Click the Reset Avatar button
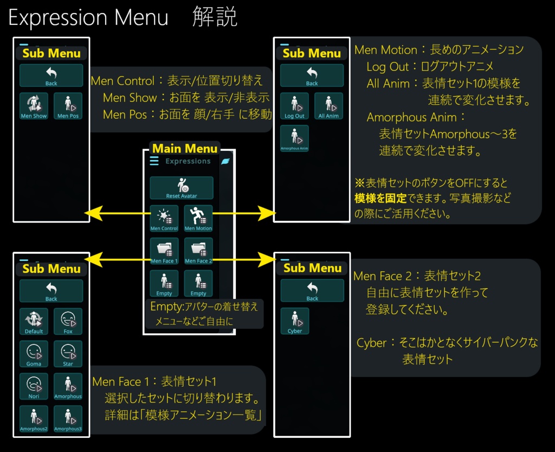[x=182, y=188]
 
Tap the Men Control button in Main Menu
[x=164, y=219]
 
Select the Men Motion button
[x=198, y=219]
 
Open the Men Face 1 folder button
[x=164, y=251]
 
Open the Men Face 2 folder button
[x=198, y=251]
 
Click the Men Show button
[x=34, y=106]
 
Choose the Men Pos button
[x=68, y=106]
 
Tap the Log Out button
[x=294, y=106]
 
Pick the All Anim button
[x=328, y=106]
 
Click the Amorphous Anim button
[x=294, y=138]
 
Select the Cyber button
[x=295, y=321]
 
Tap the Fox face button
[x=68, y=321]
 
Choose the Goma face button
[x=34, y=354]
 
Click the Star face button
[x=68, y=354]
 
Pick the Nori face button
[x=34, y=386]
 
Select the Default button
[x=34, y=321]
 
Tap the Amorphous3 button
[x=68, y=419]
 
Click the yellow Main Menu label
[x=185, y=149]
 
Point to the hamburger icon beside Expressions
[x=154, y=161]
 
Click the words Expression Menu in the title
[x=88, y=18]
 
